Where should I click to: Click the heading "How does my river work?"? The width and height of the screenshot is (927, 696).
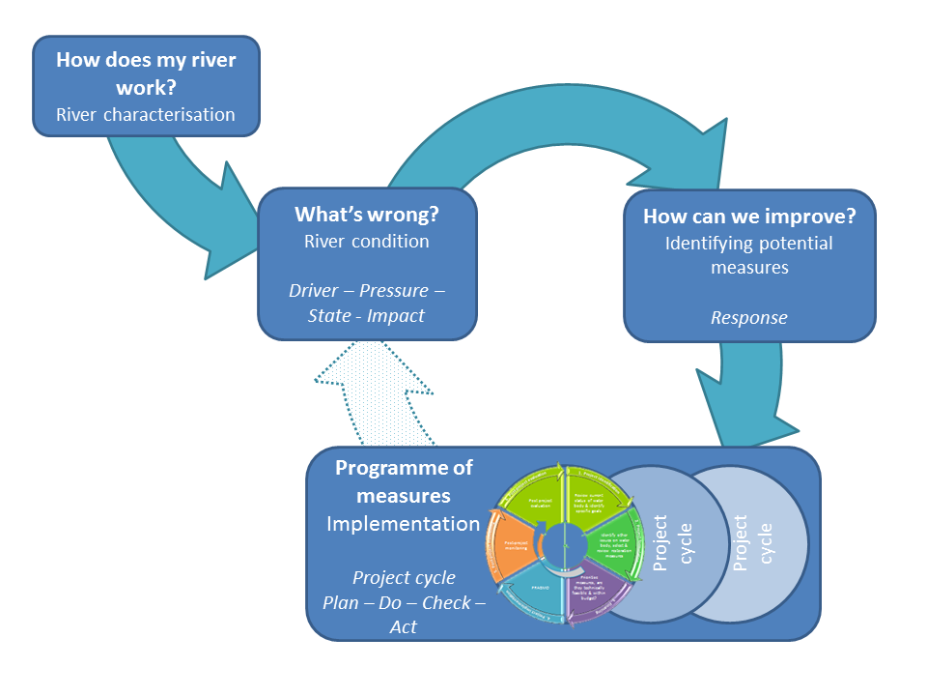click(146, 72)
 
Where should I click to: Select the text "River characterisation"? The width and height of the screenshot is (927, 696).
click(146, 114)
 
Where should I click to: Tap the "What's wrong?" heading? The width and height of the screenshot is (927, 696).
click(366, 215)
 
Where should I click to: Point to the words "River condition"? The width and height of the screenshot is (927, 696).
click(366, 241)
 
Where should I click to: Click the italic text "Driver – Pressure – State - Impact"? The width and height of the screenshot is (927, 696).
click(366, 302)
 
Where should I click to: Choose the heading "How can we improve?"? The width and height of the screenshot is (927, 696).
click(749, 217)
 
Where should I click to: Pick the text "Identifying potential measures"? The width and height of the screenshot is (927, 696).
click(749, 254)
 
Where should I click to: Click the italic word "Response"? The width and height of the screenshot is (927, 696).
click(749, 317)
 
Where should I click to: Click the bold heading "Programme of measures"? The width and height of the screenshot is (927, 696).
click(404, 481)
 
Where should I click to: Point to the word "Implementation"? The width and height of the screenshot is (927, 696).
click(403, 524)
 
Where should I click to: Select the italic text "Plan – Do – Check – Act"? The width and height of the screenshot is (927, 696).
click(404, 602)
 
